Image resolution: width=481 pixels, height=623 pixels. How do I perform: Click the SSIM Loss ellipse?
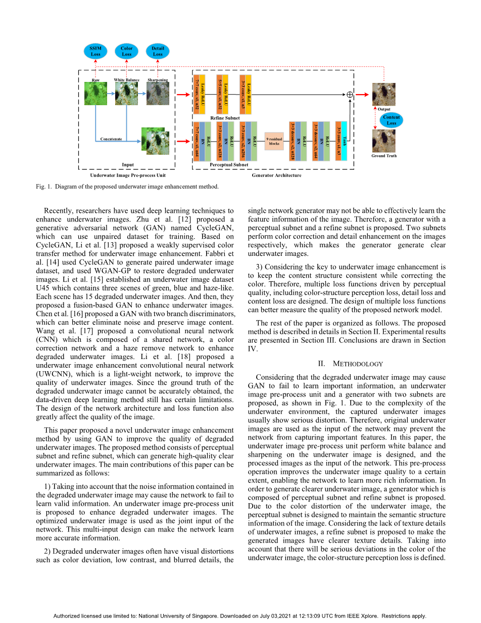[95, 52]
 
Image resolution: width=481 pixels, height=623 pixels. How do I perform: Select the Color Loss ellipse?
[126, 52]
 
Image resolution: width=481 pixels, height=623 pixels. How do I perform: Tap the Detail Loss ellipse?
[158, 52]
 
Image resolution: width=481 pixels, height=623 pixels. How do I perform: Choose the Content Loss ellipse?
[392, 120]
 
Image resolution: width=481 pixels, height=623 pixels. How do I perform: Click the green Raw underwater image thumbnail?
[95, 94]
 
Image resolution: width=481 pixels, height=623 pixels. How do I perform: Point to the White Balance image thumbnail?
[126, 94]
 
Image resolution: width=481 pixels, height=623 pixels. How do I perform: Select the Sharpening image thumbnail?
[158, 94]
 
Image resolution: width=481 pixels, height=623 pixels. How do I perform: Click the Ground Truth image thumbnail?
[384, 141]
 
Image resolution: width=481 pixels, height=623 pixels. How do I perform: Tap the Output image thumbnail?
[384, 94]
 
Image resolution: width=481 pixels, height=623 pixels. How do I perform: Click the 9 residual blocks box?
[274, 141]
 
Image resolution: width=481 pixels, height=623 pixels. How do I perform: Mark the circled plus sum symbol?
[350, 95]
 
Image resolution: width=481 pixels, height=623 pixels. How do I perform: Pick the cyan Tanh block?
[344, 141]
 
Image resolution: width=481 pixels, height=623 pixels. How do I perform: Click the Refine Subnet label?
[225, 118]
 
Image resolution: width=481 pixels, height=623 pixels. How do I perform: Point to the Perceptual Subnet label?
[229, 164]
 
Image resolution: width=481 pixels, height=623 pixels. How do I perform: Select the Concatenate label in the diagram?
[111, 139]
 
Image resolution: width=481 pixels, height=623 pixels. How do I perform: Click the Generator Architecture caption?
[276, 175]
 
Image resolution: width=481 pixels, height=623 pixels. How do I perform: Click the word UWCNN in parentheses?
[51, 374]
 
